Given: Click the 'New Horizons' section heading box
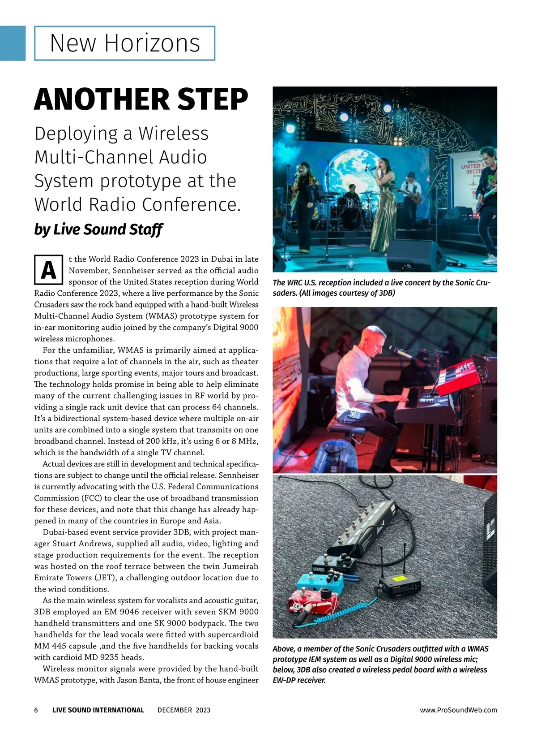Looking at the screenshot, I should [124, 43].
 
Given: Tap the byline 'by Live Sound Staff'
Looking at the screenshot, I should [98, 229].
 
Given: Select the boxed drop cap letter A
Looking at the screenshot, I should [48, 270].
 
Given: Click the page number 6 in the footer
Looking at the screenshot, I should [36, 710].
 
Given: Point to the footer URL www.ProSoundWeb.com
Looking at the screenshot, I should [458, 710].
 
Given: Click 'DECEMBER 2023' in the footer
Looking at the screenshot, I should [183, 710].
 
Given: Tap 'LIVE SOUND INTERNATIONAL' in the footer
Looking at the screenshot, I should [98, 710].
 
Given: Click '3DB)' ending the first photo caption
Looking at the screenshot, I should [386, 293].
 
